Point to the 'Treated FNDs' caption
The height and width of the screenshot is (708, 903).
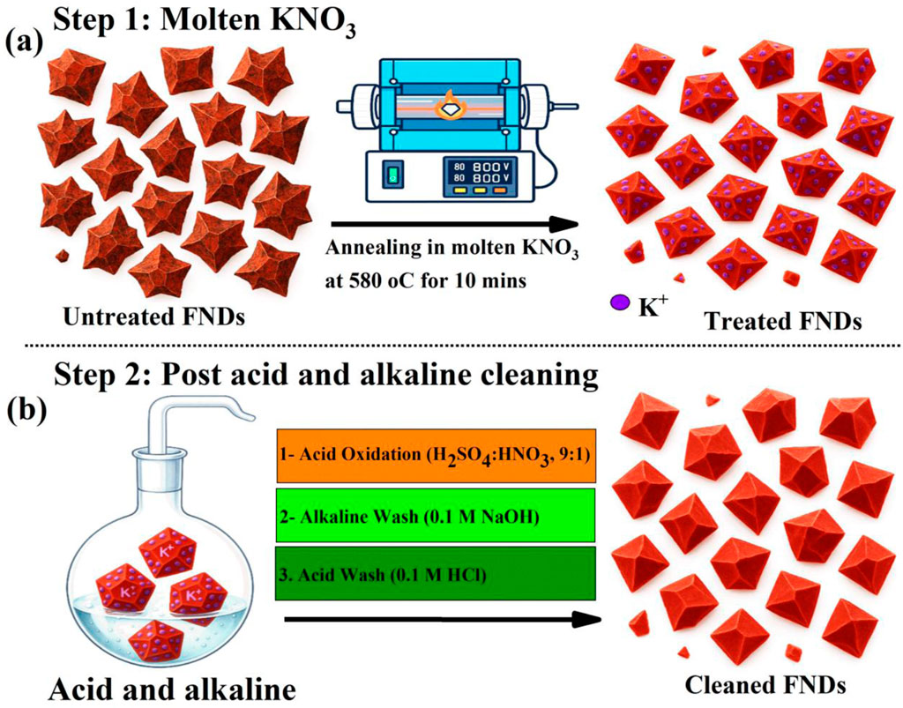click(781, 322)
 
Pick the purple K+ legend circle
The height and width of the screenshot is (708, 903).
click(620, 302)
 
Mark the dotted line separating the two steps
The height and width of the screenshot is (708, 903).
click(451, 346)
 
